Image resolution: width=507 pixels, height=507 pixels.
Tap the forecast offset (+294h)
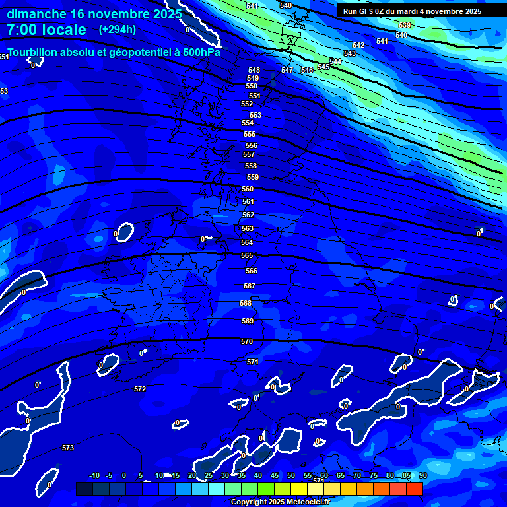click(118, 29)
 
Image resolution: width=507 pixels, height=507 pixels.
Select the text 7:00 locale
click(46, 30)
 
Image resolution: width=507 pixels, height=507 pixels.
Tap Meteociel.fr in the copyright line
click(303, 502)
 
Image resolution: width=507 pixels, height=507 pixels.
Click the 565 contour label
click(247, 255)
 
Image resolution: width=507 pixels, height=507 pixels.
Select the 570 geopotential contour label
click(247, 341)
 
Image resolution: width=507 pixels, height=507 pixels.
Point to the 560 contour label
click(248, 189)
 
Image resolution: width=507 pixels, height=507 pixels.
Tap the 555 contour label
click(249, 134)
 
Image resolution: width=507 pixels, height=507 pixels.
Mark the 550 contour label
click(252, 86)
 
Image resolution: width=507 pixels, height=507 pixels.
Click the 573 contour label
click(68, 448)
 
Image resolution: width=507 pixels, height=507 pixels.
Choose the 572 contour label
click(140, 389)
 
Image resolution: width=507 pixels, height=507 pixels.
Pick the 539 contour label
click(405, 25)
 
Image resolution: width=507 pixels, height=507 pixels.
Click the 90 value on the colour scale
click(422, 475)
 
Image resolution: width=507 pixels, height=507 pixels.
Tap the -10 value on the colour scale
click(94, 475)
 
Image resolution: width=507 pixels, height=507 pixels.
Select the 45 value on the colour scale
click(274, 475)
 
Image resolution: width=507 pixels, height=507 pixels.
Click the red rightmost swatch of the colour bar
click(414, 489)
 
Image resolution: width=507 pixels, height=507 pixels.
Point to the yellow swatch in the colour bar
click(298, 489)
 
